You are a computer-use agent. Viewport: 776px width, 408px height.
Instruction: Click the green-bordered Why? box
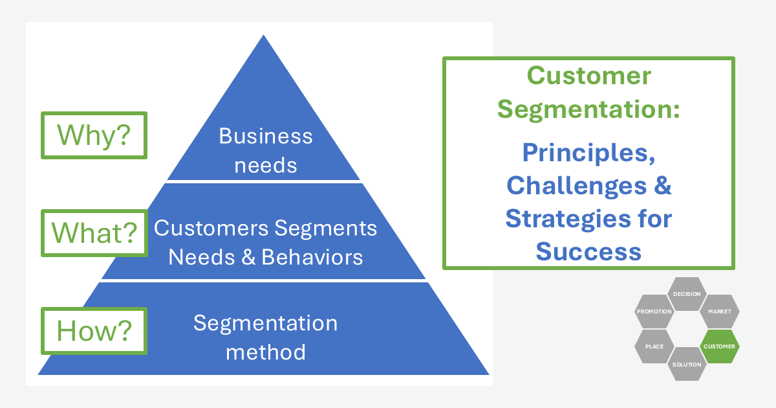pos(94,135)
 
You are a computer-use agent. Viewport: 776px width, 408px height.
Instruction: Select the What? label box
pos(94,232)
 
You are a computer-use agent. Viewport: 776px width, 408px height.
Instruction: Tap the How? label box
pos(94,330)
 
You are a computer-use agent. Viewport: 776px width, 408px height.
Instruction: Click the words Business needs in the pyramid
pos(265,150)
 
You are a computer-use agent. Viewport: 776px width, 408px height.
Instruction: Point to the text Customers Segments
pos(265,229)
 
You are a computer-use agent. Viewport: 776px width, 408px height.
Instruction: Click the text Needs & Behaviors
pos(265,257)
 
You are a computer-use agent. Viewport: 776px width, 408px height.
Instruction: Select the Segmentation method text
pos(265,337)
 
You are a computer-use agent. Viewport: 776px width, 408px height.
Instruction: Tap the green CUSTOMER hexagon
pos(719,346)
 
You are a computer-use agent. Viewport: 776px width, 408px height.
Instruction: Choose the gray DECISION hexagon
pos(687,294)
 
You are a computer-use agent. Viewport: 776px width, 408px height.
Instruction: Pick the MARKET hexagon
pos(719,312)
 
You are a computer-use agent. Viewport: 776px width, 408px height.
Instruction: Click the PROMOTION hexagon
pos(654,312)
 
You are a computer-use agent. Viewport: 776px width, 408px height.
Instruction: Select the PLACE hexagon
pos(654,346)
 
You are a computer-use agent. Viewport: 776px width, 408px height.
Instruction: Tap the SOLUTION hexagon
pos(687,365)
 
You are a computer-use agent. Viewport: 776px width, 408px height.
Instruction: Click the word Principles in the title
pos(588,153)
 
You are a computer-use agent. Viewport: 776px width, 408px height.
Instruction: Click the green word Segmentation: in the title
pos(588,109)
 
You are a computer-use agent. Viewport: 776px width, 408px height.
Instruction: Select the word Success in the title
pos(588,251)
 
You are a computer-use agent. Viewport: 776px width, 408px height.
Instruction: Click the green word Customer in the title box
pos(588,76)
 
